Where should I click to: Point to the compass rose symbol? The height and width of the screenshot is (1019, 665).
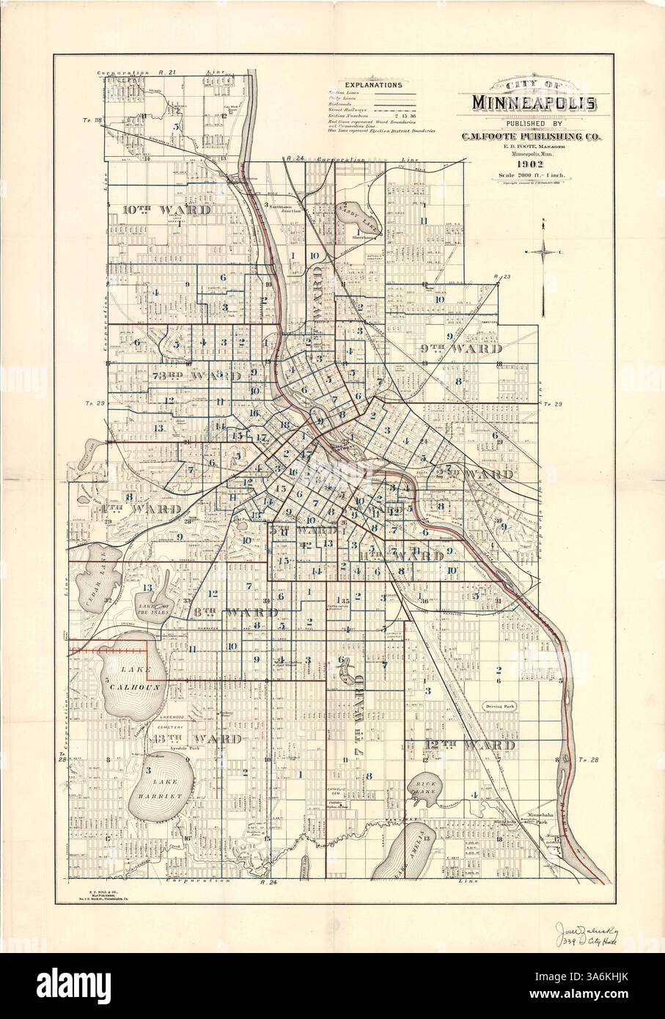(x=543, y=252)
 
